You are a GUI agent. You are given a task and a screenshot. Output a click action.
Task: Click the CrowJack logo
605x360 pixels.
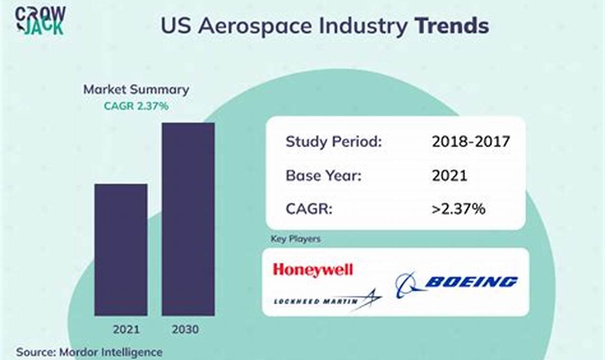point(40,20)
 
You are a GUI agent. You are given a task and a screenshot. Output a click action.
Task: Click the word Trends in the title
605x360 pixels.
point(452,26)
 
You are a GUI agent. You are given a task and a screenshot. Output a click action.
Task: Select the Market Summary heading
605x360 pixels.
point(136,90)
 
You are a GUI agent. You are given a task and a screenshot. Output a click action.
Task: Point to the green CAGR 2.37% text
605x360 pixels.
point(136,106)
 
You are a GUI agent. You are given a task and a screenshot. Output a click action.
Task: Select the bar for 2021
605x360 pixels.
point(121,249)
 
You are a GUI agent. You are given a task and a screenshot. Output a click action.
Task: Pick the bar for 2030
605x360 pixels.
point(188,219)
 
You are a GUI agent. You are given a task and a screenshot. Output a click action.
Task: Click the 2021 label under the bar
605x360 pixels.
point(125,329)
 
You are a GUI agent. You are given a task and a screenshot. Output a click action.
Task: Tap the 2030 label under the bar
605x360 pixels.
point(185,329)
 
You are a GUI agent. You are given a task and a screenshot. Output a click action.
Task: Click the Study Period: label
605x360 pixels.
point(333,141)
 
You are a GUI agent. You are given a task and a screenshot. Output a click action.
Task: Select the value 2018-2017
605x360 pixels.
point(471,141)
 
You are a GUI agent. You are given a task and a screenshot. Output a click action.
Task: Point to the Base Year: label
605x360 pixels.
point(323,176)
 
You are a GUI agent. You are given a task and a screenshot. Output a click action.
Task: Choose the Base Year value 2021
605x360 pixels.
point(449,176)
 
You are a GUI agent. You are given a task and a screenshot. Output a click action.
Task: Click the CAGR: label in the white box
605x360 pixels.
point(309,209)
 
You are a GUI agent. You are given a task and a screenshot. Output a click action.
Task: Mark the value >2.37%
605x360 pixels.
point(458,209)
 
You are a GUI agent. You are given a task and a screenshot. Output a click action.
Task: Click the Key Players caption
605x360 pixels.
point(295,239)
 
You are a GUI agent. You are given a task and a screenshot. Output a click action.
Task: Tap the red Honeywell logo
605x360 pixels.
point(312,270)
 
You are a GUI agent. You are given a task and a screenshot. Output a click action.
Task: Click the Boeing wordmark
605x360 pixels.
point(471,282)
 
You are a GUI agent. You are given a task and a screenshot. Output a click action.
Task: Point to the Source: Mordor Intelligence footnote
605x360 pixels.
point(89,352)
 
